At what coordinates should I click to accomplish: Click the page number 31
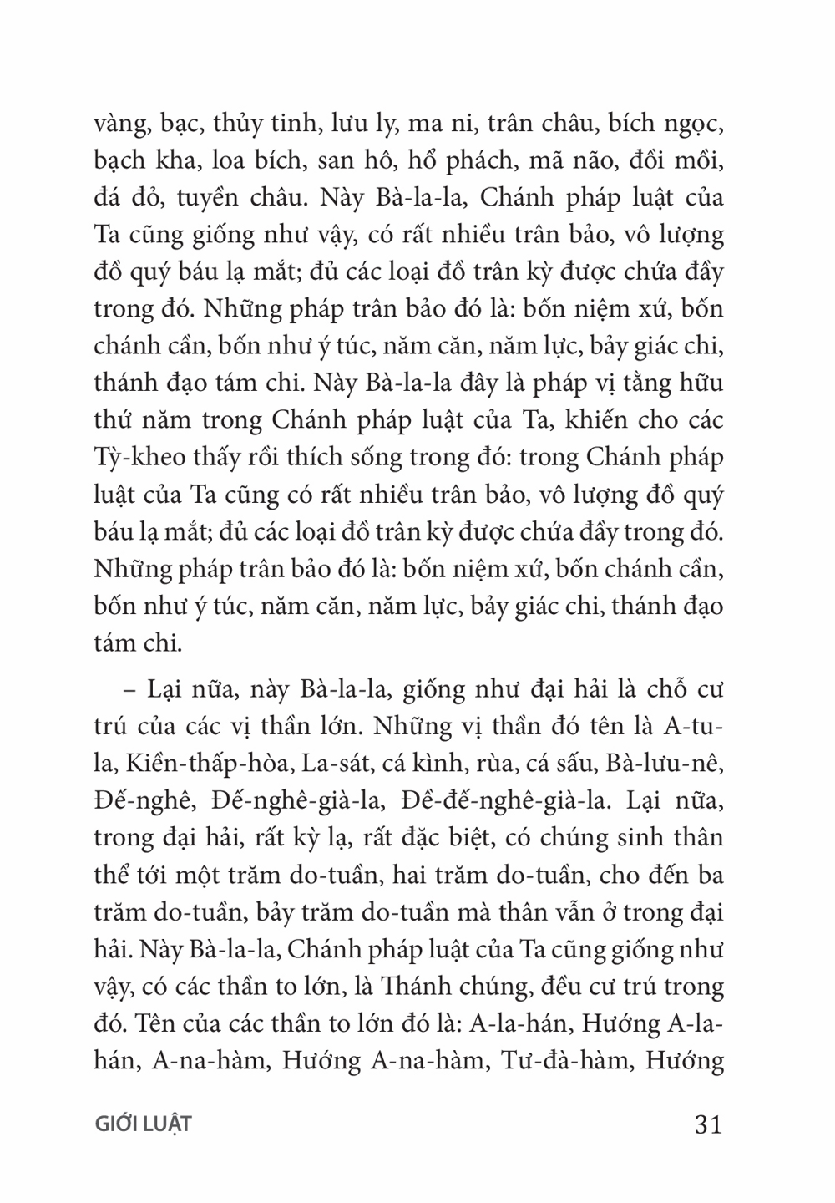coord(706,1124)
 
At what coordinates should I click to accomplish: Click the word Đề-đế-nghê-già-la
coord(516,799)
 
